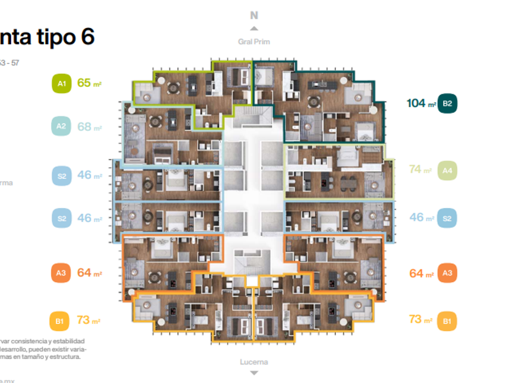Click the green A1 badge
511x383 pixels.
(x=61, y=83)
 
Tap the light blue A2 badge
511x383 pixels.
(x=61, y=126)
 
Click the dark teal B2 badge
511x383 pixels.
(x=447, y=103)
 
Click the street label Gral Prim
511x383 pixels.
(x=254, y=42)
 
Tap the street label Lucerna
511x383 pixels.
(x=254, y=362)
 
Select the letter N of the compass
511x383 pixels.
(x=254, y=16)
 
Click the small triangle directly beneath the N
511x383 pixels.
(x=254, y=28)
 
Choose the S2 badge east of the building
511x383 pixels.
(x=447, y=218)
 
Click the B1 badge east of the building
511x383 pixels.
(x=447, y=320)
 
